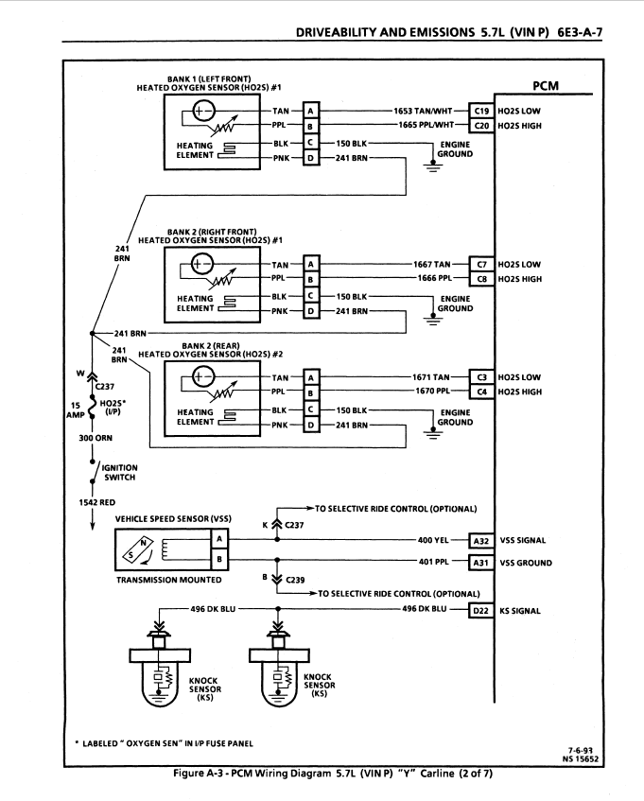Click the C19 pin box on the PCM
481,110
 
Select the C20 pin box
481,124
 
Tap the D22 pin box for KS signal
481,611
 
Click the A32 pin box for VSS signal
481,541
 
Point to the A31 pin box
481,563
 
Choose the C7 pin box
481,265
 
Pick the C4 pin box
481,392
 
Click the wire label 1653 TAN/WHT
426,110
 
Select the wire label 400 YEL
433,541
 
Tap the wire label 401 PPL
433,563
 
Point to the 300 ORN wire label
95,439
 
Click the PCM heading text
546,86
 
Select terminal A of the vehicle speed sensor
219,538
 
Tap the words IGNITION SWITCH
119,472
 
